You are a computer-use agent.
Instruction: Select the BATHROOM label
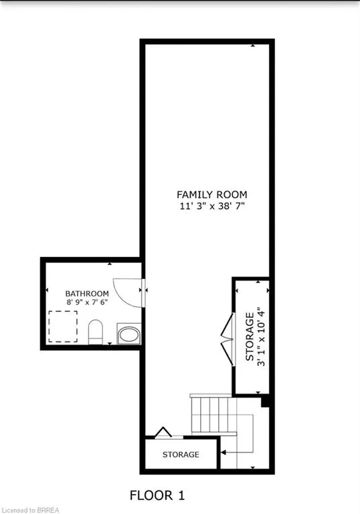tap(87, 294)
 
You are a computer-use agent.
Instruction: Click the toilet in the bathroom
tap(96, 331)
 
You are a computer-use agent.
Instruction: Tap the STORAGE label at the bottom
tap(181, 454)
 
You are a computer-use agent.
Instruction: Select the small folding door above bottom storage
tap(161, 432)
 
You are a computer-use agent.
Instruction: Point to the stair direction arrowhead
tap(223, 442)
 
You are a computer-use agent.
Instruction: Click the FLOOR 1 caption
tap(157, 495)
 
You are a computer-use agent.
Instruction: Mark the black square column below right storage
tap(266, 402)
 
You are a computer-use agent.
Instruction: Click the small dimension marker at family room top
tap(253, 46)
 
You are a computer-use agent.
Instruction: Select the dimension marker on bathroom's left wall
tap(47, 290)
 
